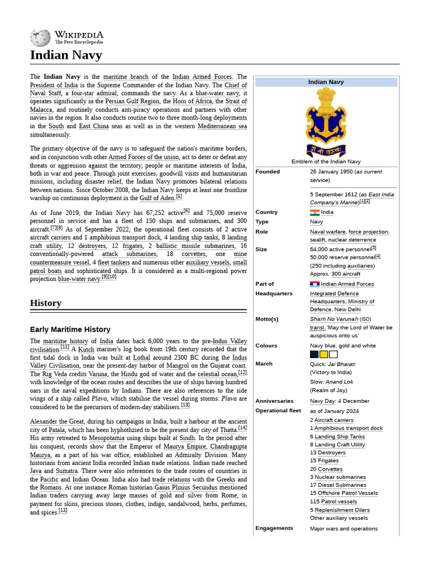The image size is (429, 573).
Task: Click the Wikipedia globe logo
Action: tap(40, 37)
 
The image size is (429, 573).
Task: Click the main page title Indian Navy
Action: tap(65, 55)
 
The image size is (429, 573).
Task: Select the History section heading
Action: tap(45, 303)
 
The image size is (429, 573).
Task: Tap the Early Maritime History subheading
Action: tap(70, 330)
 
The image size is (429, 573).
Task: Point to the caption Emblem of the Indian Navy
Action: tap(326, 162)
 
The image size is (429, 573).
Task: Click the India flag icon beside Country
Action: tap(314, 212)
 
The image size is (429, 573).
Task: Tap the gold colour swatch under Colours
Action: tap(323, 354)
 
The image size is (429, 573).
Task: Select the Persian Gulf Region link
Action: tap(132, 101)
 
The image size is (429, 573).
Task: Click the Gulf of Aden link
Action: tap(157, 198)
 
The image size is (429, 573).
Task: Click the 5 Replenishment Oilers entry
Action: tap(342, 510)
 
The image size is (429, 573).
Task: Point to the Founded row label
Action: tap(268, 172)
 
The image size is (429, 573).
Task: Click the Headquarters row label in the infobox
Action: tap(274, 293)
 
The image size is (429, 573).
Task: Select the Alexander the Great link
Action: tap(64, 421)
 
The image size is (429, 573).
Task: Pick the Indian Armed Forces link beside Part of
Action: tap(347, 284)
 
